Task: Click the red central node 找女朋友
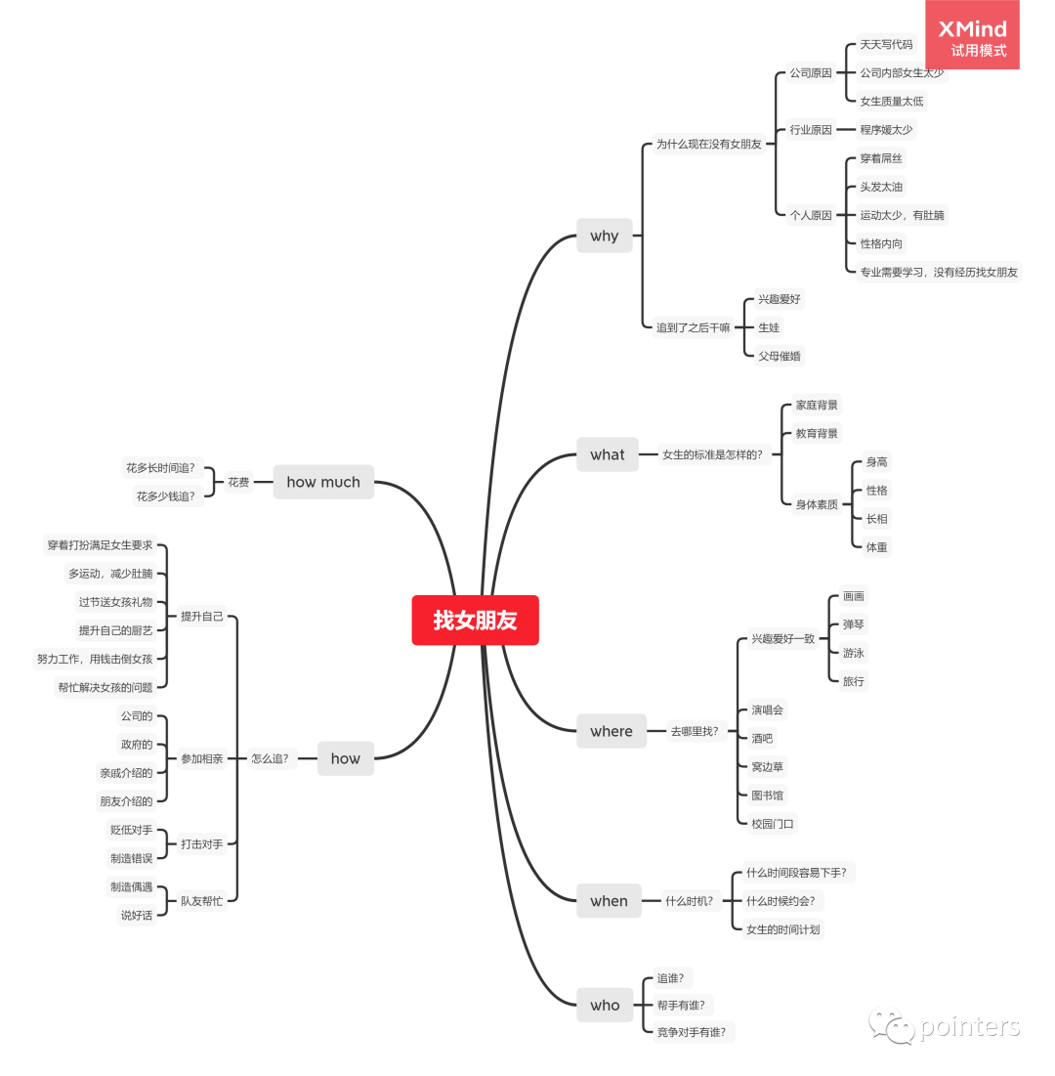pyautogui.click(x=475, y=621)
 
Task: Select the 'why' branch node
pyautogui.click(x=604, y=236)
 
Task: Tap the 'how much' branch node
pyautogui.click(x=323, y=482)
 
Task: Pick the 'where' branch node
pyautogui.click(x=611, y=731)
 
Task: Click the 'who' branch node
pyautogui.click(x=605, y=1005)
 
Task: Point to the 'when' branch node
pyautogui.click(x=609, y=901)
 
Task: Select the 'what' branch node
pyautogui.click(x=607, y=454)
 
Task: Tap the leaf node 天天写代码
pyautogui.click(x=886, y=45)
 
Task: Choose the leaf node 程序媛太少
pyautogui.click(x=886, y=129)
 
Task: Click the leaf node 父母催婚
pyautogui.click(x=780, y=356)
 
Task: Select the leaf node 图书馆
pyautogui.click(x=767, y=796)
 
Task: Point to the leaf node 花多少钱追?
pyautogui.click(x=165, y=496)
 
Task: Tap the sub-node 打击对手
pyautogui.click(x=201, y=843)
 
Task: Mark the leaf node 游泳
pyautogui.click(x=854, y=653)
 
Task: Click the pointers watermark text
pyautogui.click(x=969, y=1027)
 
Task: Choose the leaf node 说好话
pyautogui.click(x=137, y=916)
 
